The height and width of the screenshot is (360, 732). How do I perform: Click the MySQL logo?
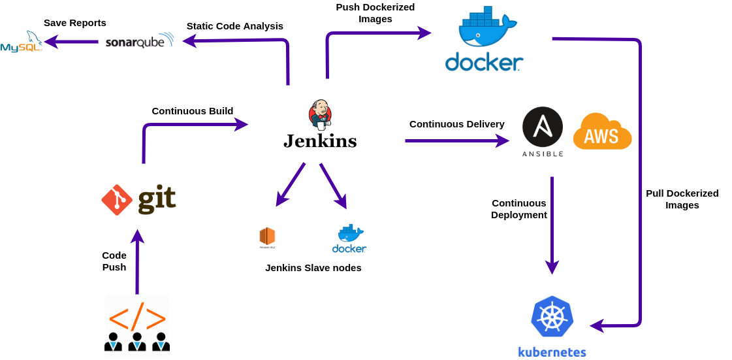21,42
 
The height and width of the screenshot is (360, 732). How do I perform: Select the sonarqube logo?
139,41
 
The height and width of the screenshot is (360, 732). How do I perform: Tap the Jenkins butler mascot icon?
319,115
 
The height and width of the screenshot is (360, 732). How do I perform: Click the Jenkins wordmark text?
320,140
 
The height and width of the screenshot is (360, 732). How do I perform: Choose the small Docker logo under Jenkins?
349,238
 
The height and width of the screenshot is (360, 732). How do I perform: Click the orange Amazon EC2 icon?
266,237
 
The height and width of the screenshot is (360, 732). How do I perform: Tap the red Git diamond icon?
117,200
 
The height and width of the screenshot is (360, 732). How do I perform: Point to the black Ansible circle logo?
543,127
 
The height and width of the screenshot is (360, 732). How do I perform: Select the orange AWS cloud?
602,132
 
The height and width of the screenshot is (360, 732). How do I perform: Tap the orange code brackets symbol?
137,317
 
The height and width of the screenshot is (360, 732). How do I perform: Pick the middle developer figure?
136,342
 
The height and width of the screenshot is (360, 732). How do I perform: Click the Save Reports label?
75,23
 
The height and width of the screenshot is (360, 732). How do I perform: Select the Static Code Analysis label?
235,26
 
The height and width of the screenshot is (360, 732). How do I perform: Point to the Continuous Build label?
193,111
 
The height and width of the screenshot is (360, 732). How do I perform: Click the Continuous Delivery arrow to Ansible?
456,140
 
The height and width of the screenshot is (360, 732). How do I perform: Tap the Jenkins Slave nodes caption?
313,268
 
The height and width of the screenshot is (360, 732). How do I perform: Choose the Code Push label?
114,261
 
